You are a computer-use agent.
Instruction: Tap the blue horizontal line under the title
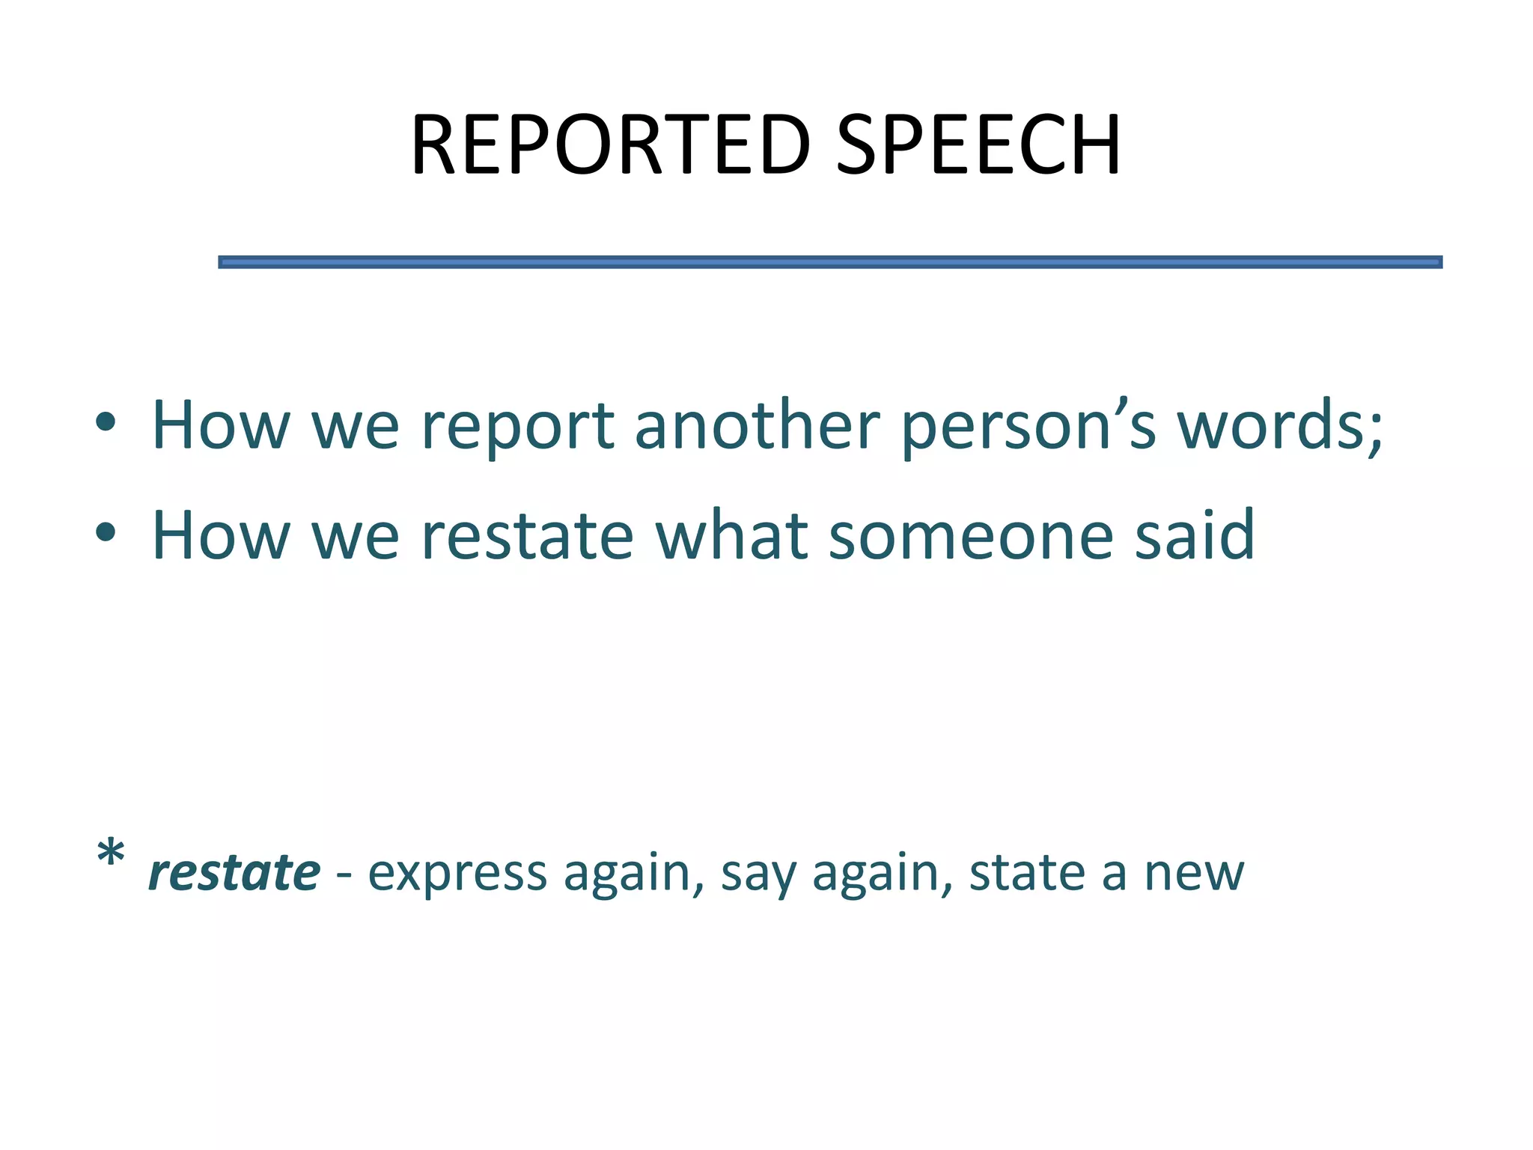point(829,262)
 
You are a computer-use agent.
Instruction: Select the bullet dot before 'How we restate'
point(106,532)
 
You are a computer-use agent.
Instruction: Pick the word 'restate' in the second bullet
point(527,535)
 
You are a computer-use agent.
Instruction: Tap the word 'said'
point(1194,535)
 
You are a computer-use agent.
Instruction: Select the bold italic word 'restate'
point(234,873)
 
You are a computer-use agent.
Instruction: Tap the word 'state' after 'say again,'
point(1025,873)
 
